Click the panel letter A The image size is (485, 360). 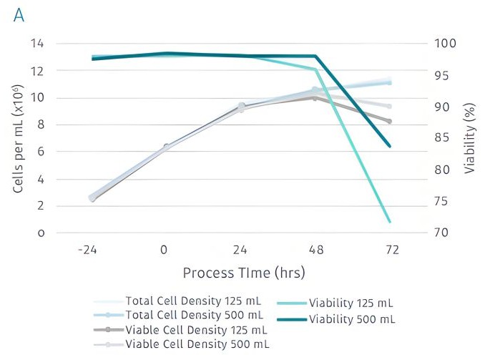pos(19,16)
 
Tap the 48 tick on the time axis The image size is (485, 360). pos(315,250)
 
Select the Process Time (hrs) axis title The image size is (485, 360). pos(238,273)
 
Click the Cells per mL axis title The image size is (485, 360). pos(21,137)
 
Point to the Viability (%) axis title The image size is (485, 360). pos(469,137)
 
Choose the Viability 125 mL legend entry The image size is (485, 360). pos(351,303)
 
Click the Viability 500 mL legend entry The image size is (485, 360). pos(351,318)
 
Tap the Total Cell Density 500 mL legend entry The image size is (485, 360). pos(194,315)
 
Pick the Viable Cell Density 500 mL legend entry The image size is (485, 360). pos(197,344)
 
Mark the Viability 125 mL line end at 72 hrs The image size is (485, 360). pos(390,222)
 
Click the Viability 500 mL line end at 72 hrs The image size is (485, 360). pos(390,147)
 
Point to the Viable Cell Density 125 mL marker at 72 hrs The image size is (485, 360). pos(390,122)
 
